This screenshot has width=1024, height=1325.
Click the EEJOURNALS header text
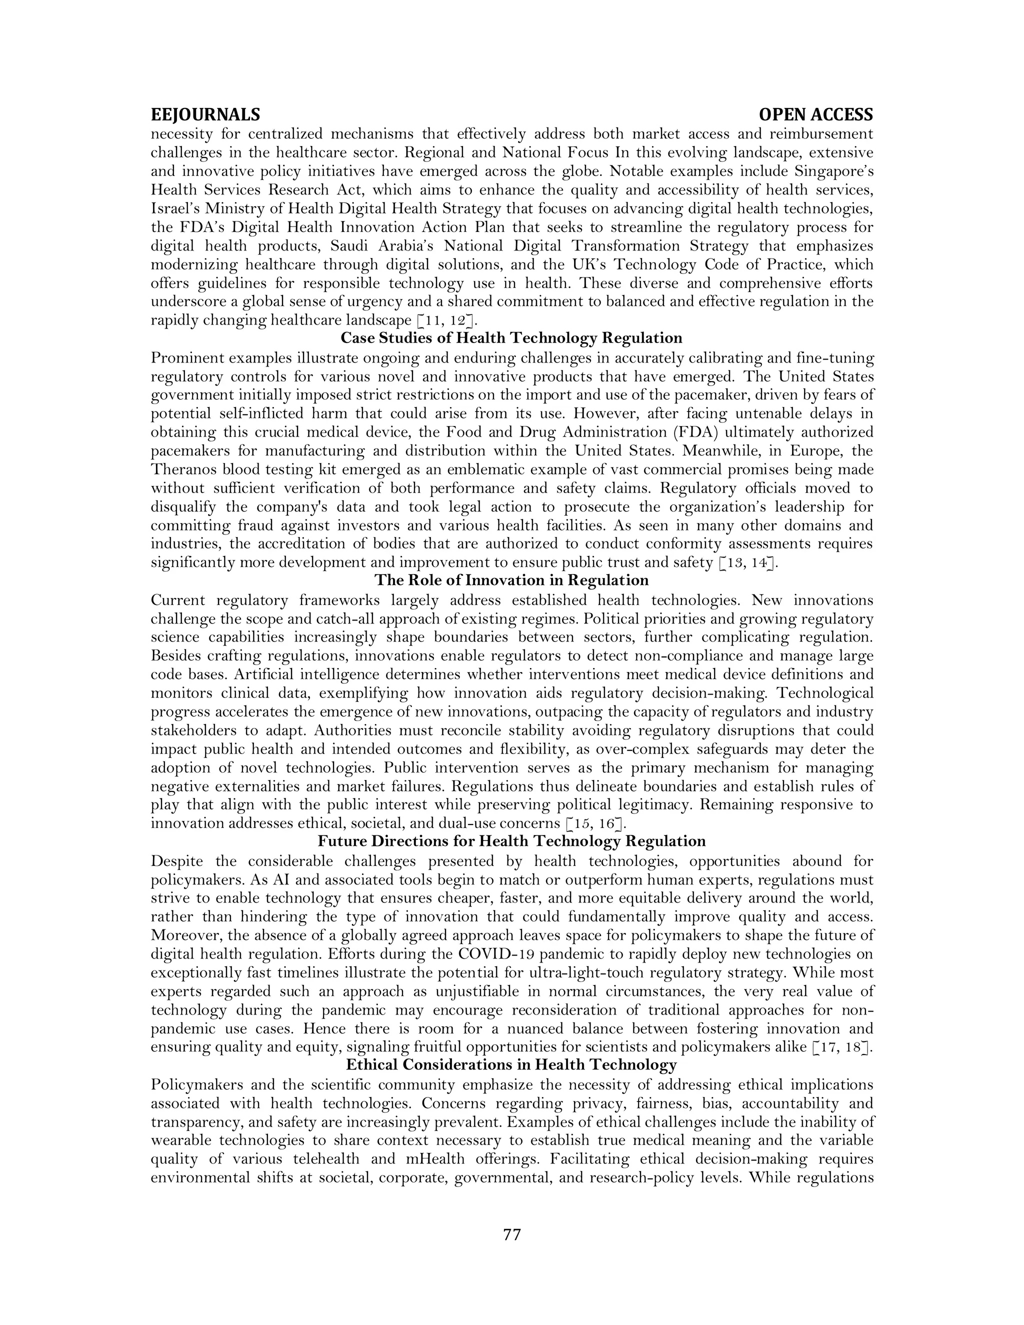point(205,114)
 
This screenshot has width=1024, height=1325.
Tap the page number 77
point(512,1234)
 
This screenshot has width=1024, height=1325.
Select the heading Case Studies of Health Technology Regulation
point(511,338)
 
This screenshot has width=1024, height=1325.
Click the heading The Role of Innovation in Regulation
point(511,580)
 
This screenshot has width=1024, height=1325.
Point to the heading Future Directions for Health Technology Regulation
point(511,841)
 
